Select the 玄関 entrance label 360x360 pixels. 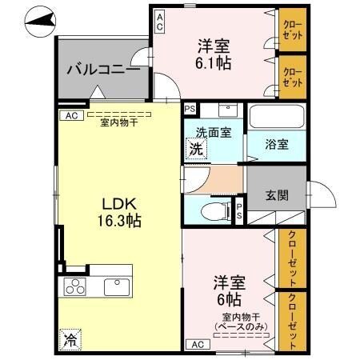coord(277,194)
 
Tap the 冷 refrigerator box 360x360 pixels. coord(71,338)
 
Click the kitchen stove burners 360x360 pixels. coord(74,286)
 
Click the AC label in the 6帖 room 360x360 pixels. coord(197,344)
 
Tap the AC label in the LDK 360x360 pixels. coord(70,115)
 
